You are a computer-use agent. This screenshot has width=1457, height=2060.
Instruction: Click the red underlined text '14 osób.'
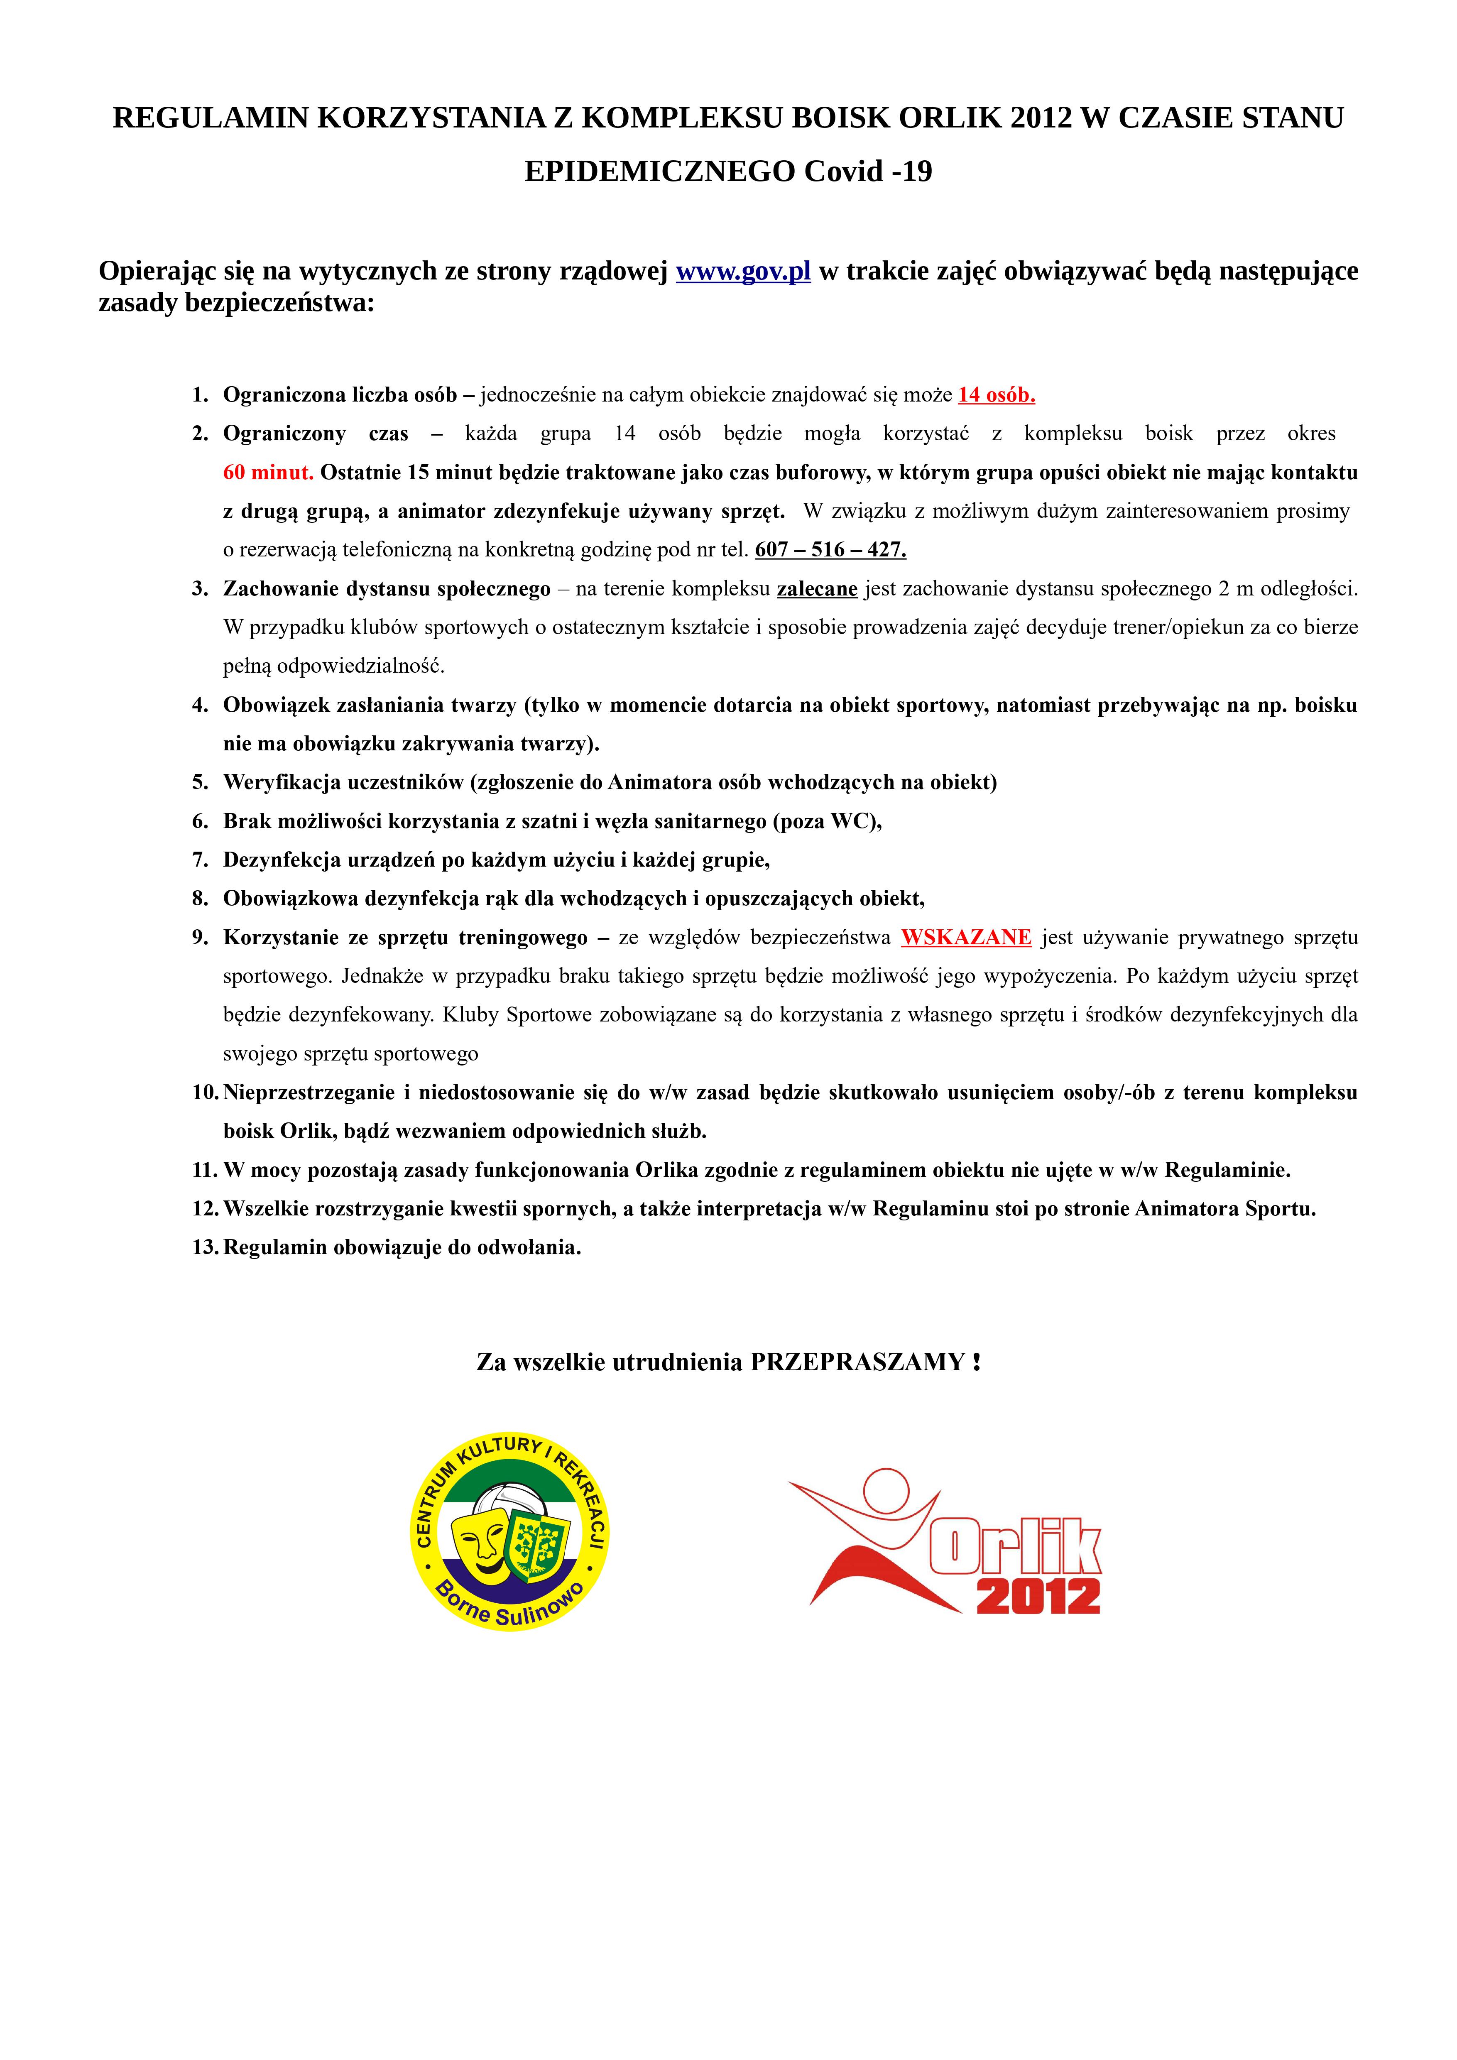point(996,395)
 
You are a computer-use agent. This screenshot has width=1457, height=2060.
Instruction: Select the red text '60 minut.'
point(267,473)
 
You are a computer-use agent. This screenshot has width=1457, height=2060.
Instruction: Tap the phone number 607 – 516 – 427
point(830,550)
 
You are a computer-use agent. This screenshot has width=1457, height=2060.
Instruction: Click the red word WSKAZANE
point(966,938)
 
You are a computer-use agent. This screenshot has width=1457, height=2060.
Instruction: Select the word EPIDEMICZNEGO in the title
point(659,171)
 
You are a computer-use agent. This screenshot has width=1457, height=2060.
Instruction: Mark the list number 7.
point(200,860)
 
